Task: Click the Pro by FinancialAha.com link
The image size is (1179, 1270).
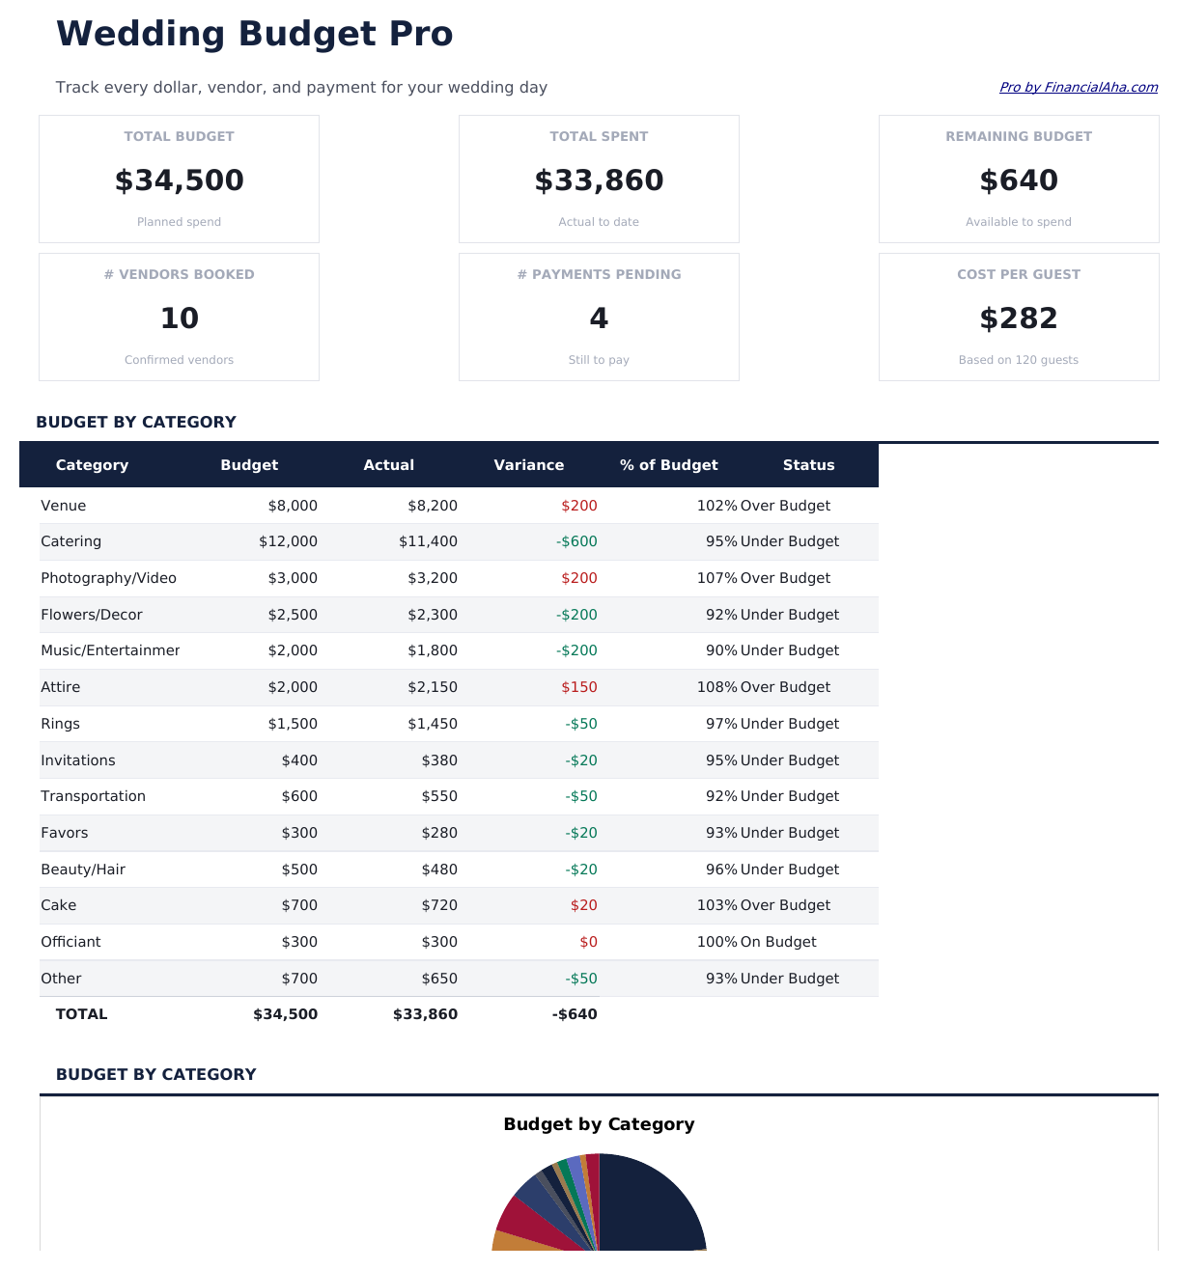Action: coord(1078,87)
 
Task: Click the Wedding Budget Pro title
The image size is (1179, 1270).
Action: coord(254,34)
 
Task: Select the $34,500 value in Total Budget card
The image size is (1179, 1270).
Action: coord(179,180)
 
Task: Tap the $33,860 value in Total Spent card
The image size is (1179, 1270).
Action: coord(599,180)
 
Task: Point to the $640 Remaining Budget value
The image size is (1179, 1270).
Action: coord(1018,180)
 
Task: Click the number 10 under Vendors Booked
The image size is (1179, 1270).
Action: coord(179,318)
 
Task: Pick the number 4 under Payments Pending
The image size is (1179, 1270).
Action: coord(599,318)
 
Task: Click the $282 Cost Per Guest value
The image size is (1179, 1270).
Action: coord(1018,318)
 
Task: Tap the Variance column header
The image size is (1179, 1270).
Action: coord(528,465)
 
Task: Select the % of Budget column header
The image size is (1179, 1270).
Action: coord(668,465)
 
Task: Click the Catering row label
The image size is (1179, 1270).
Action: coord(70,541)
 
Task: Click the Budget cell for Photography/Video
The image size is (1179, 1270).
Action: coord(293,578)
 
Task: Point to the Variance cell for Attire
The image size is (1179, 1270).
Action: coord(578,687)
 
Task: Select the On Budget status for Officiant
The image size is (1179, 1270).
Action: coord(777,942)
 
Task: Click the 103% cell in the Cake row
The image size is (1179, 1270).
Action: coord(716,905)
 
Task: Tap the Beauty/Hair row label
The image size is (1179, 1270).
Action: coord(83,870)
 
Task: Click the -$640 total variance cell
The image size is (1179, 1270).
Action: coord(575,1014)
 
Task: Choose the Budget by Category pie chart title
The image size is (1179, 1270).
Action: coord(599,1124)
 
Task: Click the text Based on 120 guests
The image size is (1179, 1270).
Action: coord(1018,360)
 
